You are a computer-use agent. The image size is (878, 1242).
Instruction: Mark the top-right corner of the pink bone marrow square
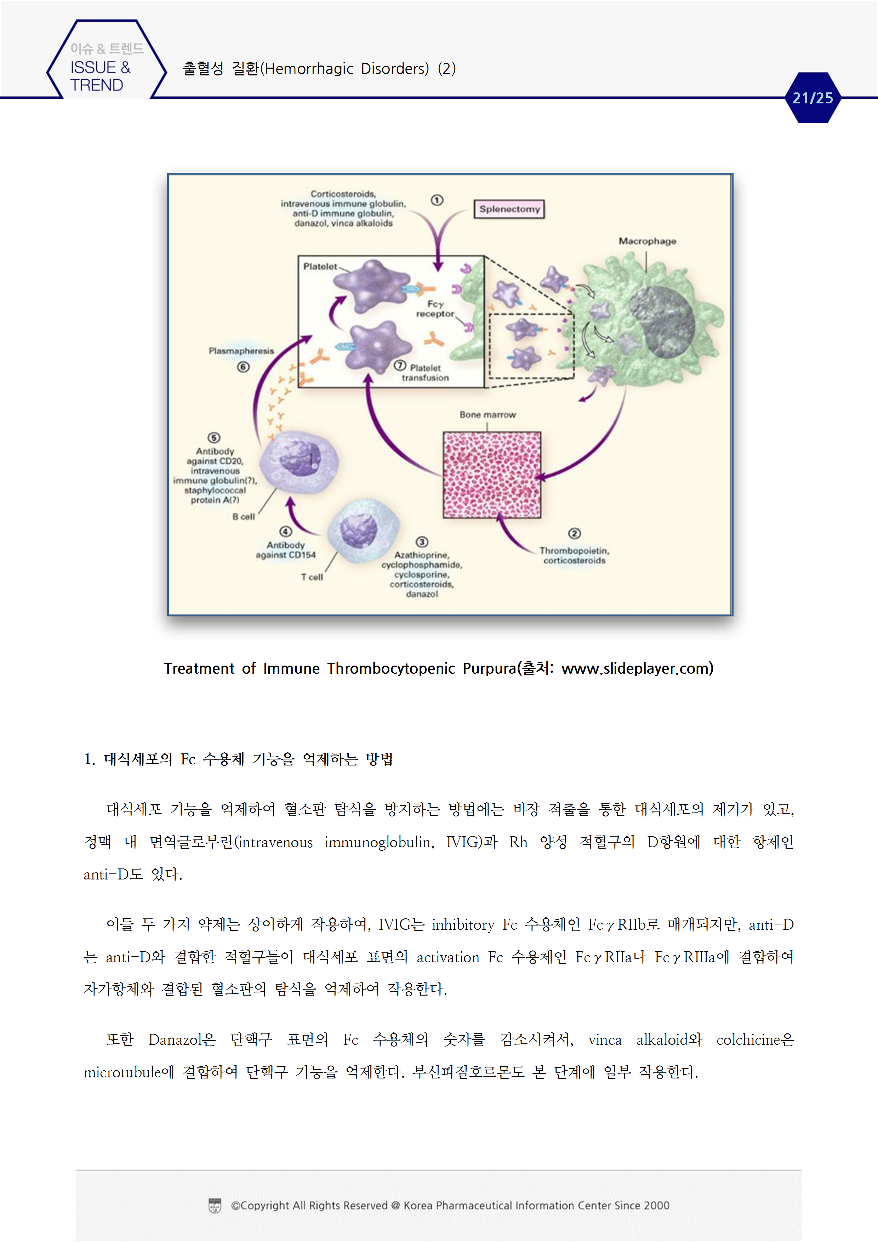pyautogui.click(x=541, y=432)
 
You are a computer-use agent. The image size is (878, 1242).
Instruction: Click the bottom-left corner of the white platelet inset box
pyautogui.click(x=298, y=387)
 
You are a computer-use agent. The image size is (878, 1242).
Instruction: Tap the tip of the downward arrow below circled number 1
pyautogui.click(x=438, y=271)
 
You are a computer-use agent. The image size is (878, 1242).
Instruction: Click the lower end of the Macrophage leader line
pyautogui.click(x=646, y=272)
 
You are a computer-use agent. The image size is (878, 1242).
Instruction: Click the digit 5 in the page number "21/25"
pyautogui.click(x=828, y=98)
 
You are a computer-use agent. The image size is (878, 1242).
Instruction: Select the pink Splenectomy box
pyautogui.click(x=509, y=209)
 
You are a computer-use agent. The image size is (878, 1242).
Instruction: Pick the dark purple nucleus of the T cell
pyautogui.click(x=359, y=530)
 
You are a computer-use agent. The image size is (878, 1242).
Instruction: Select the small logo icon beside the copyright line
pyautogui.click(x=215, y=1206)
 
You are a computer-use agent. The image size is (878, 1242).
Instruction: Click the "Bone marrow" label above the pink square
pyautogui.click(x=488, y=414)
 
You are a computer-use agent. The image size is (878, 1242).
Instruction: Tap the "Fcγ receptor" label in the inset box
pyautogui.click(x=435, y=309)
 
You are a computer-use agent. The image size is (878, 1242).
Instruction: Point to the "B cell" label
pyautogui.click(x=244, y=517)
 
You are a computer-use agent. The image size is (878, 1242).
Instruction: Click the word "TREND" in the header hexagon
pyautogui.click(x=97, y=85)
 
